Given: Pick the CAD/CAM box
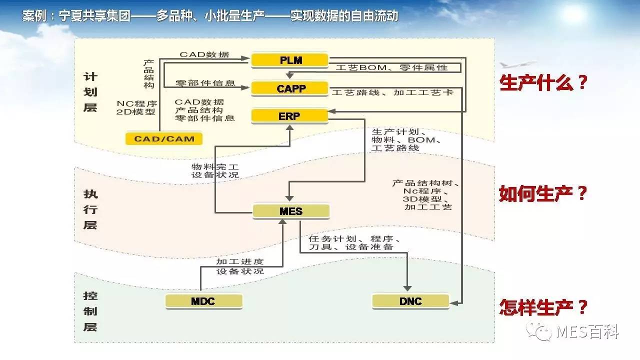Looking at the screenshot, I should (x=164, y=138).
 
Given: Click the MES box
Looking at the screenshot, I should (x=291, y=211).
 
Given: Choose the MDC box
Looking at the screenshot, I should (x=203, y=301).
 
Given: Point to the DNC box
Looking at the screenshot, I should (x=410, y=301).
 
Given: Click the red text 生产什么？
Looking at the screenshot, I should (x=543, y=83).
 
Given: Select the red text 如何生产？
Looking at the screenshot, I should (x=543, y=194).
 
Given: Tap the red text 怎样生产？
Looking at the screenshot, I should (x=543, y=306).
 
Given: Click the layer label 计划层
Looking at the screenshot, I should (x=90, y=92).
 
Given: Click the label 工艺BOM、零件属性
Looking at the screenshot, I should (x=391, y=67).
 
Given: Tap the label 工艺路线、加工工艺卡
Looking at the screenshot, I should (x=392, y=92).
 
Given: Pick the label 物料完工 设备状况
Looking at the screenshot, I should (x=214, y=170).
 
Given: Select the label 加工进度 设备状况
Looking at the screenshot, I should (x=239, y=266).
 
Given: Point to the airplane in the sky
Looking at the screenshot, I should (x=518, y=64).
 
